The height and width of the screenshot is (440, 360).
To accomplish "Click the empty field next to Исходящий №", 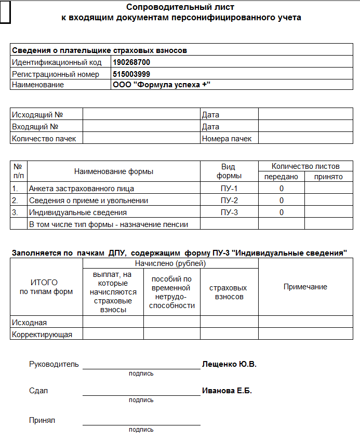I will click(x=141, y=115).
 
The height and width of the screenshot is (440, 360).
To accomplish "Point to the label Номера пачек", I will click(x=226, y=139).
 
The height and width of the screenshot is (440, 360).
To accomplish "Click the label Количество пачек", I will click(x=44, y=139).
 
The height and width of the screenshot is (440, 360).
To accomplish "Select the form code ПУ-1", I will click(x=229, y=189).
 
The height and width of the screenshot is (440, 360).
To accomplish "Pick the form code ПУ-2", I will click(x=229, y=201).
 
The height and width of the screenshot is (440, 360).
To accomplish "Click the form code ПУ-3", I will click(x=229, y=212).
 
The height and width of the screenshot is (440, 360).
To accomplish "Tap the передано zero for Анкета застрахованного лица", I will click(x=281, y=189).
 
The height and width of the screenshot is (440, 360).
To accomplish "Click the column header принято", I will click(x=328, y=177).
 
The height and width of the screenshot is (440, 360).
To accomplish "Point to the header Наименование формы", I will click(x=114, y=171).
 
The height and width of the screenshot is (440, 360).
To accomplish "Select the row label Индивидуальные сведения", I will click(x=78, y=212).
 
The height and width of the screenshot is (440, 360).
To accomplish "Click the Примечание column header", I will click(x=305, y=287).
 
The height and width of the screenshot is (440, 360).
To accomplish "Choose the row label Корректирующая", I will click(x=42, y=335).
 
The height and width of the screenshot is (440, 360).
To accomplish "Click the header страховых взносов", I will click(x=228, y=292).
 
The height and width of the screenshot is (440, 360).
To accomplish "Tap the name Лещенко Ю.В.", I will click(x=229, y=364).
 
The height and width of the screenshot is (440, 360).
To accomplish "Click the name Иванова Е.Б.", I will click(x=226, y=391).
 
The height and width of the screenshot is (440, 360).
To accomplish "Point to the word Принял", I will click(x=42, y=420).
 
